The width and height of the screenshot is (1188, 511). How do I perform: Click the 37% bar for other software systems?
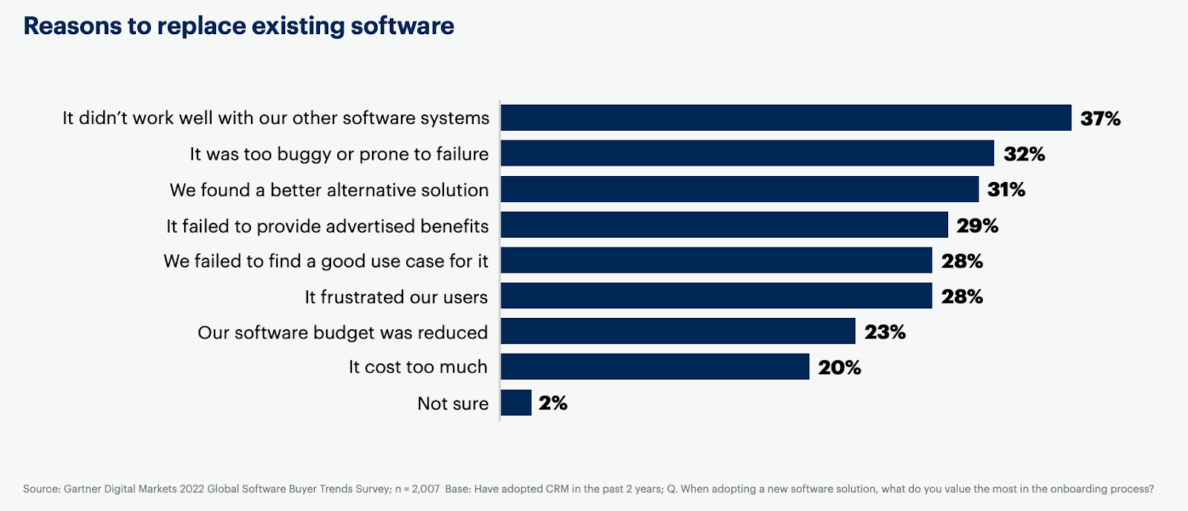click(786, 117)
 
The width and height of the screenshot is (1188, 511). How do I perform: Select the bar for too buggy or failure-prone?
click(747, 153)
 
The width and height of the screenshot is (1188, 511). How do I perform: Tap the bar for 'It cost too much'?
click(655, 367)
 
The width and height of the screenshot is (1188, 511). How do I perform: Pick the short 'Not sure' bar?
click(516, 403)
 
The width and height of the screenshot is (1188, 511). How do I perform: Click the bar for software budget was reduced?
click(678, 331)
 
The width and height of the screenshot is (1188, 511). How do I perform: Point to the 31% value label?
click(1006, 189)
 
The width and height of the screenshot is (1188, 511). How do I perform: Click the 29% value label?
click(977, 225)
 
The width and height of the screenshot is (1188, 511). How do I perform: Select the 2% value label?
click(553, 403)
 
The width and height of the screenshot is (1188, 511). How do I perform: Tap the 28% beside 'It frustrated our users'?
click(962, 296)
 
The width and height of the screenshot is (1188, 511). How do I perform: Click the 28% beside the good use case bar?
click(962, 261)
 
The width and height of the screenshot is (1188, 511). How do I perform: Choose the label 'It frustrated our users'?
click(396, 297)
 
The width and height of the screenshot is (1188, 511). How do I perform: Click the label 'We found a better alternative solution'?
click(329, 190)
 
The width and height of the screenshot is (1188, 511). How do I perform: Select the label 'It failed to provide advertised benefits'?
click(327, 226)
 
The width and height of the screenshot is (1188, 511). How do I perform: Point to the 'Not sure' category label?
click(453, 403)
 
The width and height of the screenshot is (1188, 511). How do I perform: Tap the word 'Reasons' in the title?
click(73, 26)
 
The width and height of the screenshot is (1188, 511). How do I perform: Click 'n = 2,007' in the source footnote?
click(417, 489)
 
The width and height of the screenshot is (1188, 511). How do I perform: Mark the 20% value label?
click(840, 367)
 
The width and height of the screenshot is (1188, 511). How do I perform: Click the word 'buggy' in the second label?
click(304, 154)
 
